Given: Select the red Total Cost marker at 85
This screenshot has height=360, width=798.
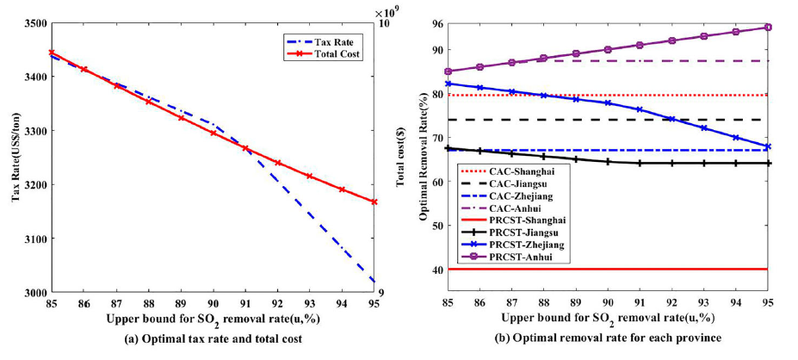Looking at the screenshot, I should coord(52,53).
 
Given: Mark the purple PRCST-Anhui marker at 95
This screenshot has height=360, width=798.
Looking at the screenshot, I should coord(768,28).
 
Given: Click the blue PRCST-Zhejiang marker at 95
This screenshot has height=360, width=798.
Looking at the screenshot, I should coord(768,146).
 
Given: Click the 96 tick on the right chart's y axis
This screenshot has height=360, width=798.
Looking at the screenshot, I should coord(436,23).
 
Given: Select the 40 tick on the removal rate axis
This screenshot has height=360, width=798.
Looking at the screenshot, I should coord(436,270).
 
